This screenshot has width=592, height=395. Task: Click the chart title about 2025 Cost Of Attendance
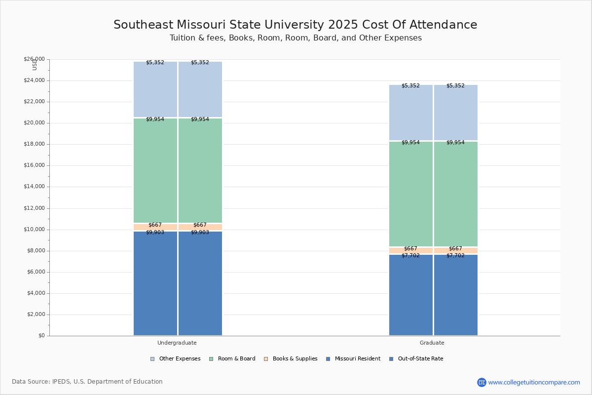click(295, 25)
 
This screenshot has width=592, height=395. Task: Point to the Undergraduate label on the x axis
click(177, 343)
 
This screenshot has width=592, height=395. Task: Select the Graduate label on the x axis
click(432, 343)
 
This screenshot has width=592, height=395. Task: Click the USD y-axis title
click(35, 65)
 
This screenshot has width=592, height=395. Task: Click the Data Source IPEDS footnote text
click(87, 382)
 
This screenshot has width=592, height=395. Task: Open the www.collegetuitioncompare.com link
click(534, 382)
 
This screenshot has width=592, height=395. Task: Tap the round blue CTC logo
click(481, 382)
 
